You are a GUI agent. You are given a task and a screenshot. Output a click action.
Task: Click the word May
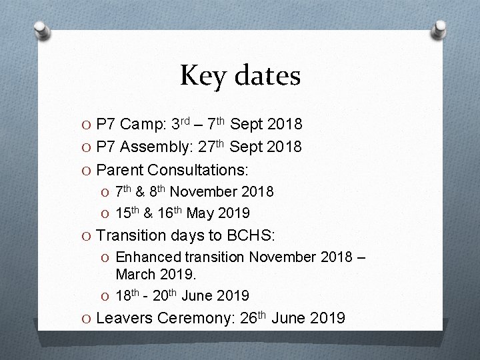[201, 213]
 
